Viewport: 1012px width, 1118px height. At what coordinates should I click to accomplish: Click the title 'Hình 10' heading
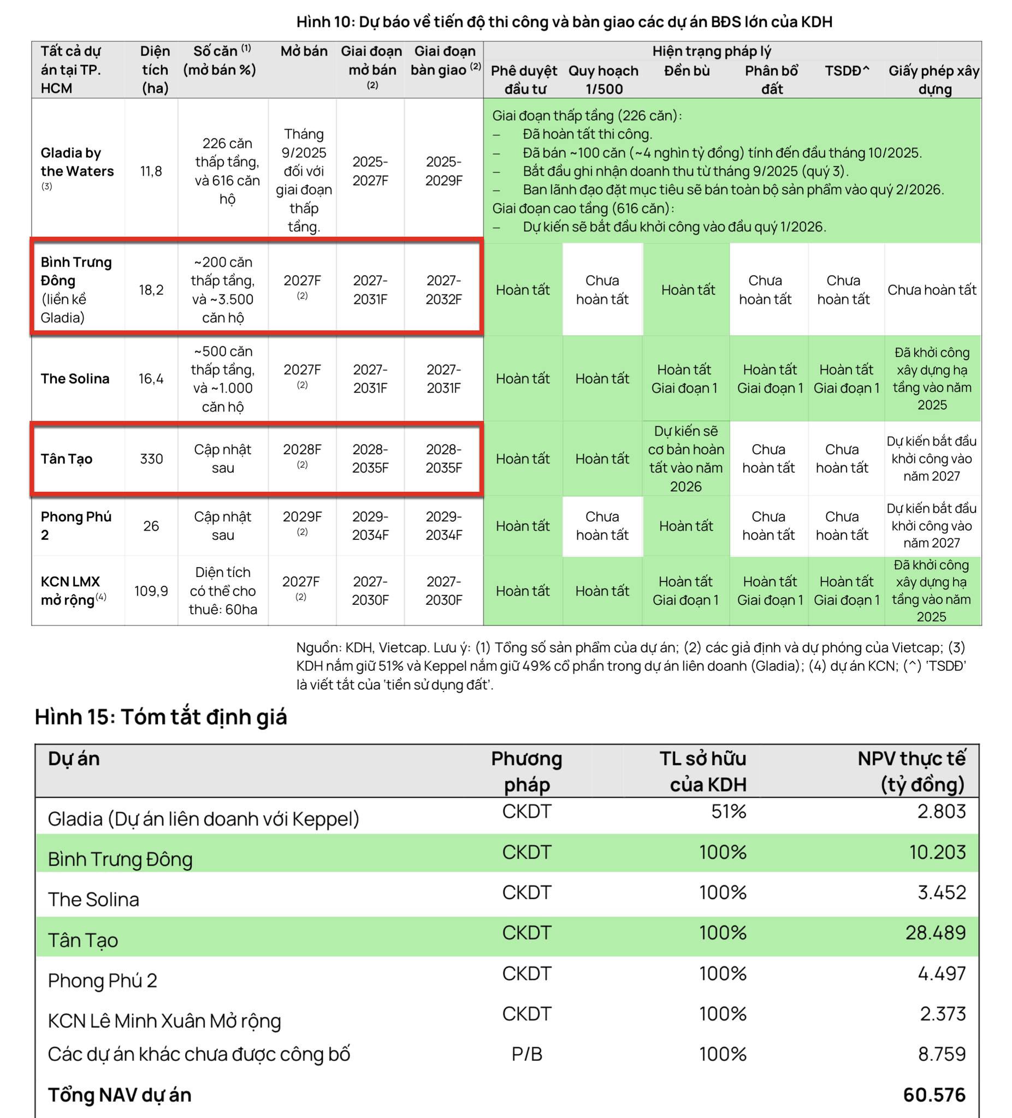pos(564,22)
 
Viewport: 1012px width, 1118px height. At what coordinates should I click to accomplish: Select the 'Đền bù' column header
pos(687,70)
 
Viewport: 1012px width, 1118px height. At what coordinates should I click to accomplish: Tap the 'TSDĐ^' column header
pos(847,70)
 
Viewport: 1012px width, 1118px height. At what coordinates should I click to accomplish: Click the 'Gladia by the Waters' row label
pos(77,162)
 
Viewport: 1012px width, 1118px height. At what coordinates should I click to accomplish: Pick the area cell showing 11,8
pos(151,171)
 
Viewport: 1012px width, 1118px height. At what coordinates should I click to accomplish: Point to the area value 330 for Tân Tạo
pos(151,459)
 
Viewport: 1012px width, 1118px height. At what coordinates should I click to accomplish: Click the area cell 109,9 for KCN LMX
pos(151,591)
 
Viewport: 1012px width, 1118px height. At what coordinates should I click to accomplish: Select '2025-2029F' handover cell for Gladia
pos(443,171)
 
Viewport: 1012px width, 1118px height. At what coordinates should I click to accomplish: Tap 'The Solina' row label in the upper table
pos(75,379)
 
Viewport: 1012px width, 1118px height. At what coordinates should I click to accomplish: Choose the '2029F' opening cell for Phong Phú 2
pos(302,517)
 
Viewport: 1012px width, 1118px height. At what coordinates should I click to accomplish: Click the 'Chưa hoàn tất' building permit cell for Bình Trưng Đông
pos(932,289)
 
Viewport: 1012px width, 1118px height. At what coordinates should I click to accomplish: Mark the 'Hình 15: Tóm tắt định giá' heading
pos(161,717)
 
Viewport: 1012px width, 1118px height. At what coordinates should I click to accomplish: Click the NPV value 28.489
pos(936,933)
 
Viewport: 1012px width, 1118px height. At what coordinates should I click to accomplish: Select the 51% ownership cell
pos(729,811)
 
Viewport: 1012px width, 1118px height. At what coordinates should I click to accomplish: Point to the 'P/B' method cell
pos(526,1054)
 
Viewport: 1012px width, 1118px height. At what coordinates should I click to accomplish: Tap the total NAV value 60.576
pos(934,1095)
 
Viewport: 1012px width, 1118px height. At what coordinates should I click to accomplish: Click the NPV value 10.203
pos(937,852)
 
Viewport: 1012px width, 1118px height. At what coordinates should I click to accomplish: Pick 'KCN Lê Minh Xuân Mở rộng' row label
pos(164,1020)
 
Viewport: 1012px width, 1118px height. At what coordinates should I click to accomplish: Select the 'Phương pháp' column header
pos(526,771)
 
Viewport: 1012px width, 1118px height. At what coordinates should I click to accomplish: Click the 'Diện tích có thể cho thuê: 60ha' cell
pos(223,591)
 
